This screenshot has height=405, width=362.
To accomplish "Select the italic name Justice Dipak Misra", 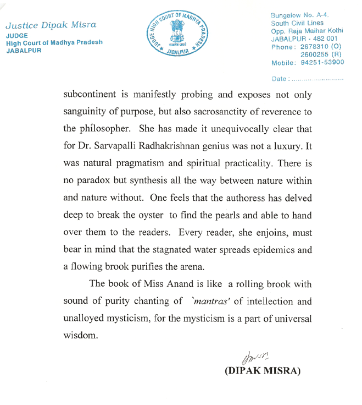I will (51, 25).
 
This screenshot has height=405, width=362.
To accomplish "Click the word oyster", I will (154, 216).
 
